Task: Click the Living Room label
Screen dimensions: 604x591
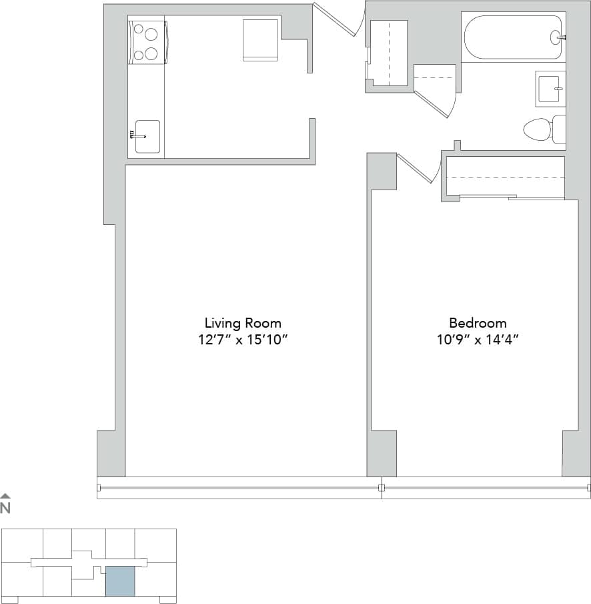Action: coord(243,323)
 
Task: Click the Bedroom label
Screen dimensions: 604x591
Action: coord(477,323)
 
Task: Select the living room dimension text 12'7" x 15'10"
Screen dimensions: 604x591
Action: coord(243,340)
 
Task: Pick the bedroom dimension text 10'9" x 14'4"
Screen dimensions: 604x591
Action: coord(477,340)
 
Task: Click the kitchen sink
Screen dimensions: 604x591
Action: coord(147,136)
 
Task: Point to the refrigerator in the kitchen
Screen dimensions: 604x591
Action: coord(260,40)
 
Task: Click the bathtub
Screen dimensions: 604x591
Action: coord(513,37)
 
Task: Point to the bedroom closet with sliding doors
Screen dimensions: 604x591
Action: coord(505,177)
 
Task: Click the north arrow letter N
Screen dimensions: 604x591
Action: coord(5,509)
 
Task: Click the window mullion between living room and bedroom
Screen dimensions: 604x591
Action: coord(382,488)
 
